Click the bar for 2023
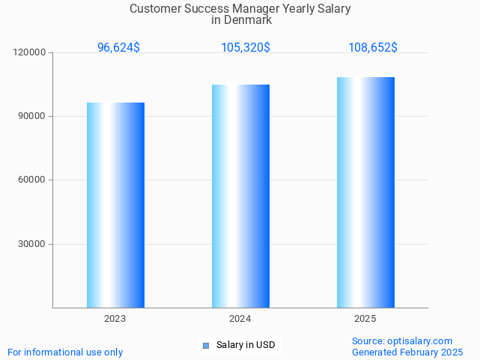click(115, 205)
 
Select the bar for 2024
click(240, 196)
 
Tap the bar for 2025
click(365, 192)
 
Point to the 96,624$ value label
click(118, 47)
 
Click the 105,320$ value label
click(246, 47)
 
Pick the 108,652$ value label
click(373, 47)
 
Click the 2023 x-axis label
click(115, 319)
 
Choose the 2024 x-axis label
click(240, 319)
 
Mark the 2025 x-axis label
click(365, 319)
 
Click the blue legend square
click(206, 345)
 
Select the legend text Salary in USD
click(246, 345)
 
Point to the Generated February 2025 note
click(407, 352)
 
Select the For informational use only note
click(65, 352)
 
